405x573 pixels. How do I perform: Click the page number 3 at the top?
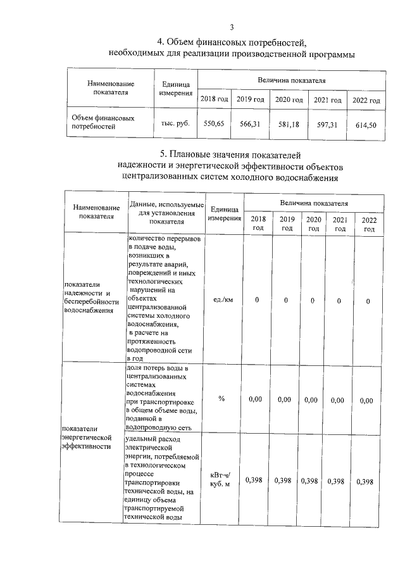(232, 27)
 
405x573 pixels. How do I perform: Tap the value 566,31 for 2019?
(251, 124)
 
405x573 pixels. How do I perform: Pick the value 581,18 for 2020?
(289, 125)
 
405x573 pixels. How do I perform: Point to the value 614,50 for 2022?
(366, 125)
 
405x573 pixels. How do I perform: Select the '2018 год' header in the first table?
(214, 99)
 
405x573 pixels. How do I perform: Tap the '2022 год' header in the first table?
(366, 101)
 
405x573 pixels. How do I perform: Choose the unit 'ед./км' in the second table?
(224, 299)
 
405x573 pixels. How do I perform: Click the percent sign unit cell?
(222, 398)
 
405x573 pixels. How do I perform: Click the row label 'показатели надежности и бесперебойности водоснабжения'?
(87, 298)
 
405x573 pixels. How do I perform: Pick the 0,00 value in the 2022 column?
(366, 400)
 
